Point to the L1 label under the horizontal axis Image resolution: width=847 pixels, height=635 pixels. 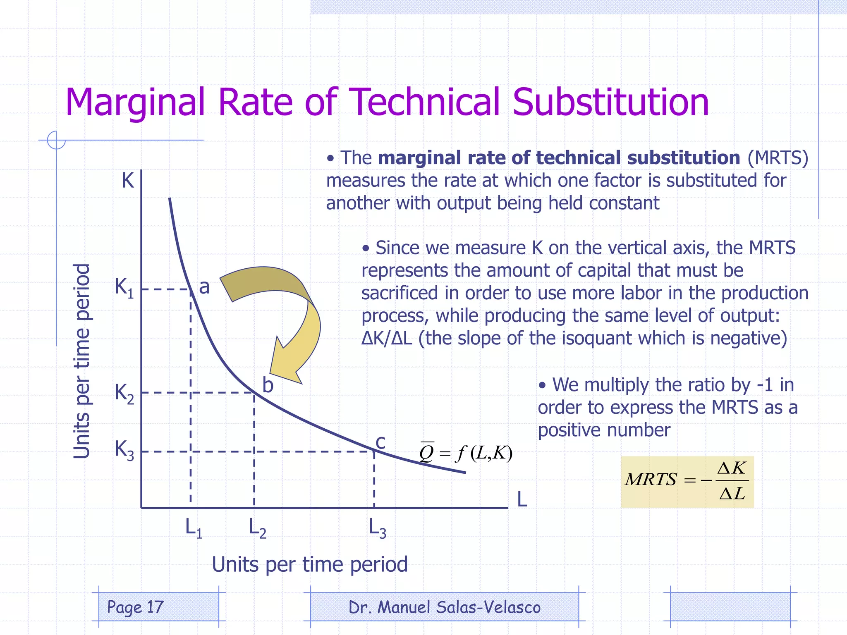click(193, 528)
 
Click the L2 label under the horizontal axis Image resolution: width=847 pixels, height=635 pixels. click(257, 528)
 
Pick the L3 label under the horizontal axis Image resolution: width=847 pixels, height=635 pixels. click(377, 528)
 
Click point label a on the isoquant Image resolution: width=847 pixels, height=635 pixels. click(204, 287)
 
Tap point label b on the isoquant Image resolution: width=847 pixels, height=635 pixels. click(268, 385)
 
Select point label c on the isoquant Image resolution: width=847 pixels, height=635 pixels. click(380, 442)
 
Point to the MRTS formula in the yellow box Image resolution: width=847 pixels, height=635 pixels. click(687, 481)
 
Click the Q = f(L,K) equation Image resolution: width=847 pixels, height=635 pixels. click(466, 453)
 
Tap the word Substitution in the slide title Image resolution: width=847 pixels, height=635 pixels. click(610, 102)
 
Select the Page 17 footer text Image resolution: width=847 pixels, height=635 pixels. click(135, 607)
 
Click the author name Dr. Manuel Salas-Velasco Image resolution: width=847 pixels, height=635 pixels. click(445, 607)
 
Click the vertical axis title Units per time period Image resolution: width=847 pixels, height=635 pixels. click(81, 361)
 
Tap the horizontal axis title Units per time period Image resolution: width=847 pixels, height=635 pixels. click(309, 564)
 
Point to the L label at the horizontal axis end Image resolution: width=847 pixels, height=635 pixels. click(522, 499)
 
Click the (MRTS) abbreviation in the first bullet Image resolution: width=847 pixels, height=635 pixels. click(778, 158)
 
